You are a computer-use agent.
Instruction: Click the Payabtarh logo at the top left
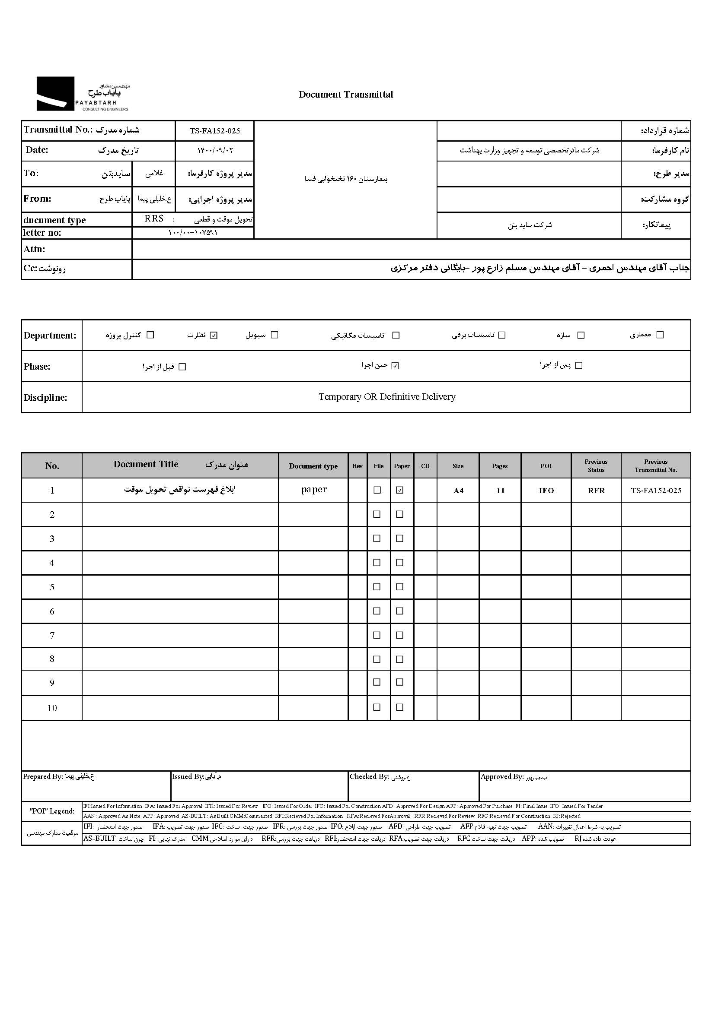coord(82,94)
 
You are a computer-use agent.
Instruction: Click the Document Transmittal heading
coord(346,95)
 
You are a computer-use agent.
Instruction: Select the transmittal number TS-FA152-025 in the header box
coord(214,131)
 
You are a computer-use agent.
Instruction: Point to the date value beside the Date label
coord(214,150)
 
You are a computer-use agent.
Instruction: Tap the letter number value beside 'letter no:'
coord(193,233)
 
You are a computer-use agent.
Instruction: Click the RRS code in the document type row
coord(154,218)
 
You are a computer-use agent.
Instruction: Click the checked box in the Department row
coord(214,335)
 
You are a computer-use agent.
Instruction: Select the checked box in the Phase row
coord(395,366)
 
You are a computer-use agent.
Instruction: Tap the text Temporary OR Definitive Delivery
coord(386,397)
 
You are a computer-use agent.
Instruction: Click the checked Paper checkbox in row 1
coord(400,490)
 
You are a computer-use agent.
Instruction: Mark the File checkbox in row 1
coord(377,490)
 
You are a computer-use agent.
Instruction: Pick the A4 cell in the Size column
coord(458,491)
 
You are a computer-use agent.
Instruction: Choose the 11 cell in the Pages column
coord(500,491)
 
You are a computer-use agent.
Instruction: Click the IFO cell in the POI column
coord(546,491)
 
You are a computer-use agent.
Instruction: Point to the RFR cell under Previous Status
coord(596,491)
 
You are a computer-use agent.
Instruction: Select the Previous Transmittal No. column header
coord(656,465)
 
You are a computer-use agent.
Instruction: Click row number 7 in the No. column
coord(52,635)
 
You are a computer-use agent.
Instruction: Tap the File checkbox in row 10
coord(377,707)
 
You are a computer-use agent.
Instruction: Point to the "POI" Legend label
coord(52,811)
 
